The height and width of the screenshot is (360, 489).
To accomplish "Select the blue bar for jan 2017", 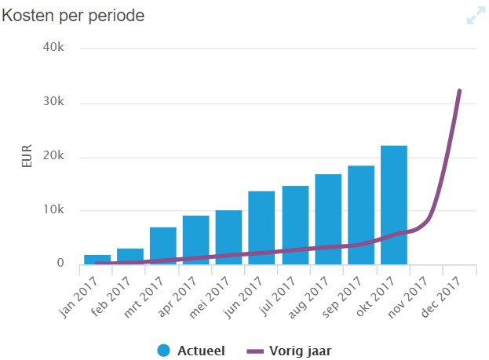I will point(97,259).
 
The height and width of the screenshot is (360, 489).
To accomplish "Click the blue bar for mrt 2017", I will point(163,245).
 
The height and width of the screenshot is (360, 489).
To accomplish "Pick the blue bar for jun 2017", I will point(261,227).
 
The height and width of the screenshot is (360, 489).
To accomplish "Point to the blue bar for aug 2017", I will point(328,219).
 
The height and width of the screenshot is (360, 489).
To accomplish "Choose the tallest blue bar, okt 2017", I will point(394,205).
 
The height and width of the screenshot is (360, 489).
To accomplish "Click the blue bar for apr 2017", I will point(196,239).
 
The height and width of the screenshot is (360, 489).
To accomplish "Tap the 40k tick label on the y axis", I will point(53,47).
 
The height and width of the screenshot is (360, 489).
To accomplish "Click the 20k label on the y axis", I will point(53,156).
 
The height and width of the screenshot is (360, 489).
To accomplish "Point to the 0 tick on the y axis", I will point(60,264).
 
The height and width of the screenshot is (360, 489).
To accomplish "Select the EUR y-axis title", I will point(27,156).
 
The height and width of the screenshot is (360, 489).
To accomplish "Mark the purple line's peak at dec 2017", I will point(459,91).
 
